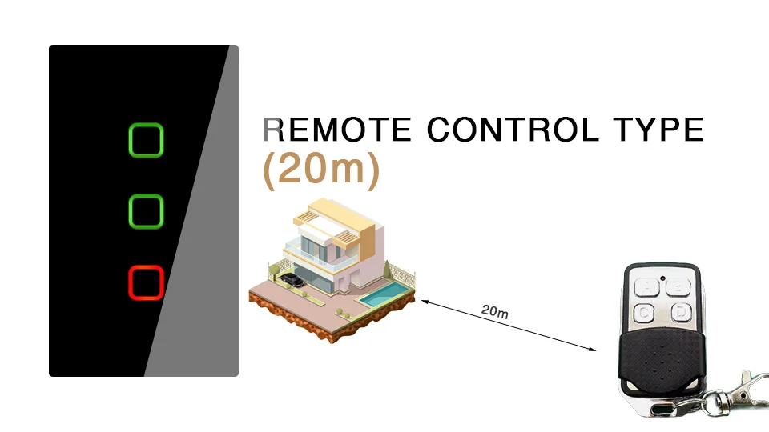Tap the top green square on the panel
coord(146,125)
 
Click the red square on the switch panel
coord(146,267)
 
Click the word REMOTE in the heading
coord(337,130)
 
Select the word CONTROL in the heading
coord(513,130)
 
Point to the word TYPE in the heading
coord(658,130)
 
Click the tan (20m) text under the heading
coord(321,170)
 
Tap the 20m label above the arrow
coord(495,311)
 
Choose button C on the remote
coord(644,313)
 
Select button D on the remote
coord(681,311)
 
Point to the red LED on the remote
coord(662,278)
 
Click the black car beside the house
coord(292,280)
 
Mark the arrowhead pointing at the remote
coord(593,350)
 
